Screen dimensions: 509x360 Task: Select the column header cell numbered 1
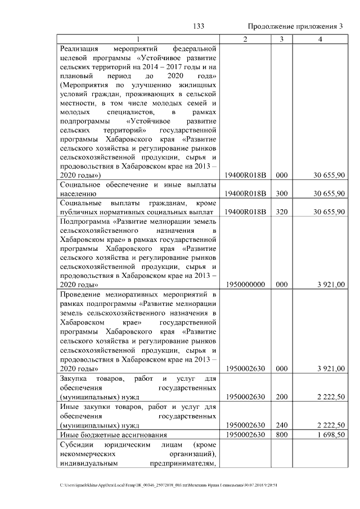[x=137, y=39]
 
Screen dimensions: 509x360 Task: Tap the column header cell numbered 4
[x=320, y=39]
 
